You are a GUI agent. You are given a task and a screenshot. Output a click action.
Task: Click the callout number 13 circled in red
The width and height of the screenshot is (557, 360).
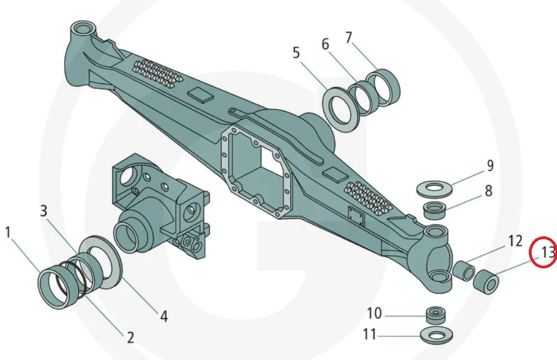point(547,252)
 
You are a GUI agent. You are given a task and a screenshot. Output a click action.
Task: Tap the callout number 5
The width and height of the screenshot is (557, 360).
point(296,53)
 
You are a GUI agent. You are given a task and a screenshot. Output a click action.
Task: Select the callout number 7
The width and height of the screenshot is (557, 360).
point(348,38)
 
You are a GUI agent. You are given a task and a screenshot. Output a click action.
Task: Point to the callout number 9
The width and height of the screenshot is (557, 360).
point(490,165)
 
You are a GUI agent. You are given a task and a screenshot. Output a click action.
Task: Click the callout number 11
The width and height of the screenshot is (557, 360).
point(369,335)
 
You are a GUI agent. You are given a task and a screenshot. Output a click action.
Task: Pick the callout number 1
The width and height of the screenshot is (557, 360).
point(8,232)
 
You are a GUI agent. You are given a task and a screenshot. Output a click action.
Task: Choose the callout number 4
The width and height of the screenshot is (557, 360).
point(163,316)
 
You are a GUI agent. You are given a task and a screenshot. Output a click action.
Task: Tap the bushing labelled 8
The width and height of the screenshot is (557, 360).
point(434,210)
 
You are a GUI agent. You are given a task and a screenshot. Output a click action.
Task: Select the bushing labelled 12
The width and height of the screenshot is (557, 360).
point(463,271)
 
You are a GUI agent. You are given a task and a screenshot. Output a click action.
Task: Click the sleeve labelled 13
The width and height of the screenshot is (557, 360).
point(486,280)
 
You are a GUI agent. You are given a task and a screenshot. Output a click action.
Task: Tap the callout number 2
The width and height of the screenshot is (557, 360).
point(130,337)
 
